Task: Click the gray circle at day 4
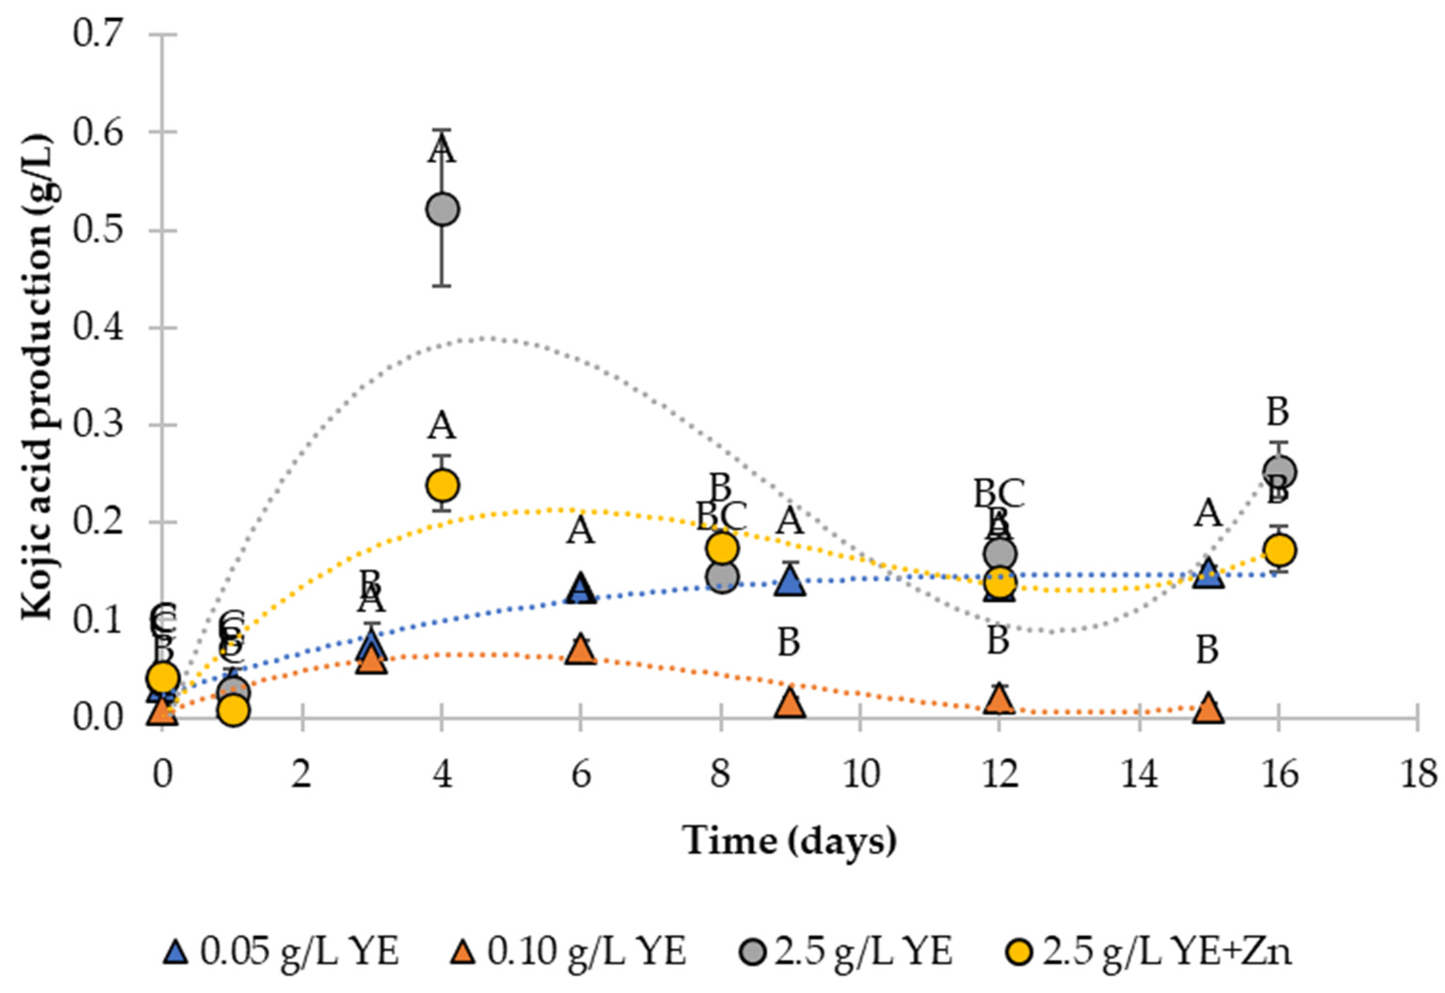coord(442,209)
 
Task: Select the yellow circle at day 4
coord(442,485)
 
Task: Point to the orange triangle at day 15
coord(1208,709)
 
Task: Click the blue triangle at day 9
coord(790,582)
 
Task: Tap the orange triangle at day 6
coord(581,651)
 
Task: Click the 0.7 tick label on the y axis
coord(99,34)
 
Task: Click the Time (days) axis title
coord(790,840)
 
